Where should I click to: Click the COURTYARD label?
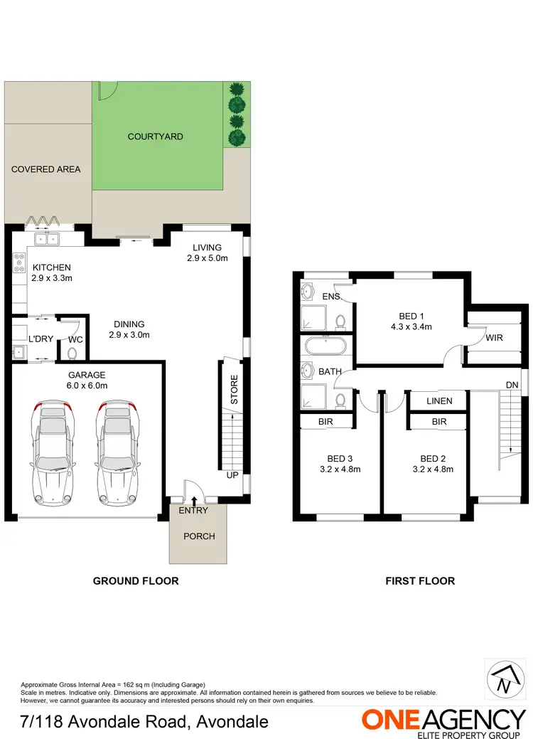click(155, 137)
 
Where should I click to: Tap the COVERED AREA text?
click(45, 169)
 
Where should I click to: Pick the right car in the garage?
click(114, 450)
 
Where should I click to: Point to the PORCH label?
click(199, 536)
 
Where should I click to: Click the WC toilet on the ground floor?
click(72, 352)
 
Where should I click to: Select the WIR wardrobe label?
click(495, 338)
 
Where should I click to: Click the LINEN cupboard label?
click(439, 401)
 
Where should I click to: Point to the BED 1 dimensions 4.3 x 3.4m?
click(411, 327)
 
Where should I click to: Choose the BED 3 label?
click(340, 459)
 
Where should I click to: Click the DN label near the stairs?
click(512, 385)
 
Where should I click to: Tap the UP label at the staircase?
click(232, 474)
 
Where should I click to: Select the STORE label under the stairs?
click(234, 390)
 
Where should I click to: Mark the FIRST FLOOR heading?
click(420, 581)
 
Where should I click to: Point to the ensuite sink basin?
click(308, 291)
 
